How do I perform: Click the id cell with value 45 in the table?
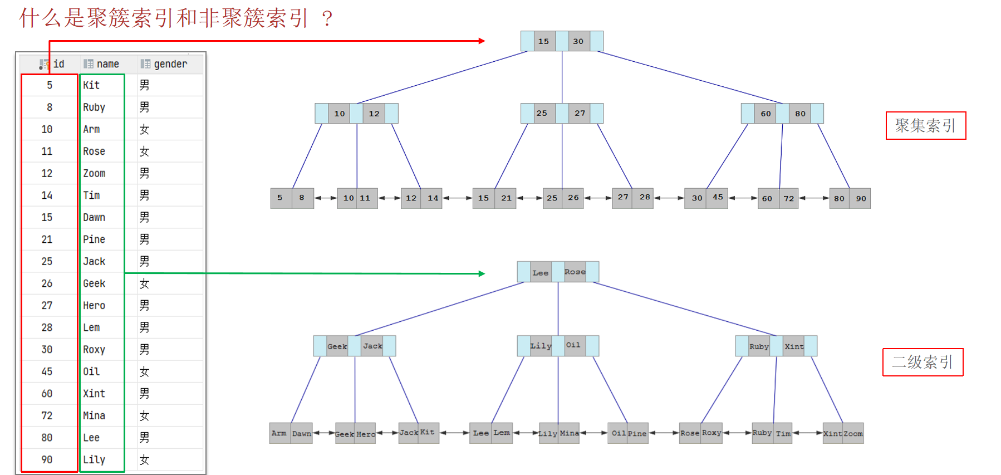[x=47, y=371]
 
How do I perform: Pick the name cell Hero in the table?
[x=94, y=305]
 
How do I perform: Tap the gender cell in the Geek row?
[x=144, y=283]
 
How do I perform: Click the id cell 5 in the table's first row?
[x=50, y=85]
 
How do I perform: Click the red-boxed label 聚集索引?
[x=925, y=126]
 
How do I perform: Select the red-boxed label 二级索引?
[x=923, y=363]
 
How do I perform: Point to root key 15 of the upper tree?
[x=544, y=41]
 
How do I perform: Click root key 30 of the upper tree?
[x=578, y=41]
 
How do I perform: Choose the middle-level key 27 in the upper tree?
[x=580, y=113]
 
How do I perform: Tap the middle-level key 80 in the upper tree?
[x=800, y=114]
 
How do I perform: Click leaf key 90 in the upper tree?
[x=861, y=198]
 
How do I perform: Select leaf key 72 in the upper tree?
[x=789, y=198]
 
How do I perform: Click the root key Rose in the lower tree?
[x=575, y=272]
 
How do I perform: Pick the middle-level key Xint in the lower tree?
[x=794, y=346]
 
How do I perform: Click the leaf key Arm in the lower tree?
[x=279, y=433]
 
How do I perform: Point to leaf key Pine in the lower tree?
[x=637, y=433]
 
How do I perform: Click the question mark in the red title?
[x=327, y=18]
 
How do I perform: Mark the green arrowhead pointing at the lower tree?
[x=482, y=273]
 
